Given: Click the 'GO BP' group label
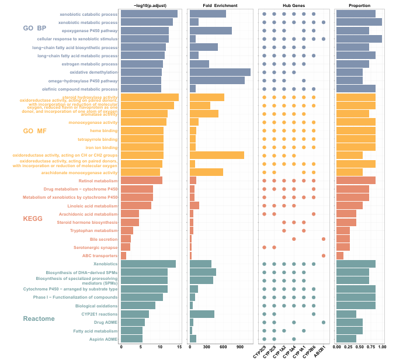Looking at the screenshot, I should coord(34,28).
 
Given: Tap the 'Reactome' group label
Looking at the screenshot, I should coord(39,319).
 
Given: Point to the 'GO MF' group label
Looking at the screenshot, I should coord(35,131).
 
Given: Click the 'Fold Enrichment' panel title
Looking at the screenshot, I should coord(221,5).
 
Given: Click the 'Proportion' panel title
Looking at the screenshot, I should coord(359,5).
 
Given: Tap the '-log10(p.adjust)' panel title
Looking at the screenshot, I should coord(151,5).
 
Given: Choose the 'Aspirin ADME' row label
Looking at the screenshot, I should coord(103,339).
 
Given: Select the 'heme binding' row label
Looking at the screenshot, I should coord(102,131).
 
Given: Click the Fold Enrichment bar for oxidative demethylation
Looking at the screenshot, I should coord(220,72).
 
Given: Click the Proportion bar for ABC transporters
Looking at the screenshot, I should coord(340,255).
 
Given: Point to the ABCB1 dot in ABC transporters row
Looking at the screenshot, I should coord(324,255).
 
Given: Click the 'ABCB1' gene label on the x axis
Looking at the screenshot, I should coord(319,352).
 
